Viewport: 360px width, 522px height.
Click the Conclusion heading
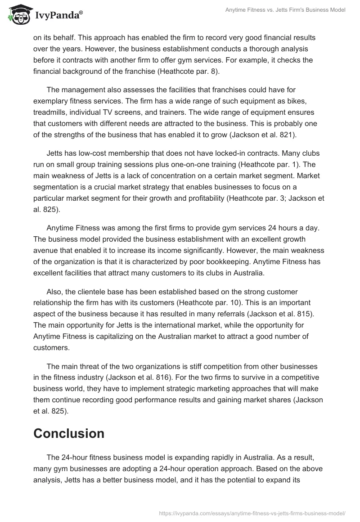(x=69, y=433)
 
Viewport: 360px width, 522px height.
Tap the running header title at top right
(x=285, y=10)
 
